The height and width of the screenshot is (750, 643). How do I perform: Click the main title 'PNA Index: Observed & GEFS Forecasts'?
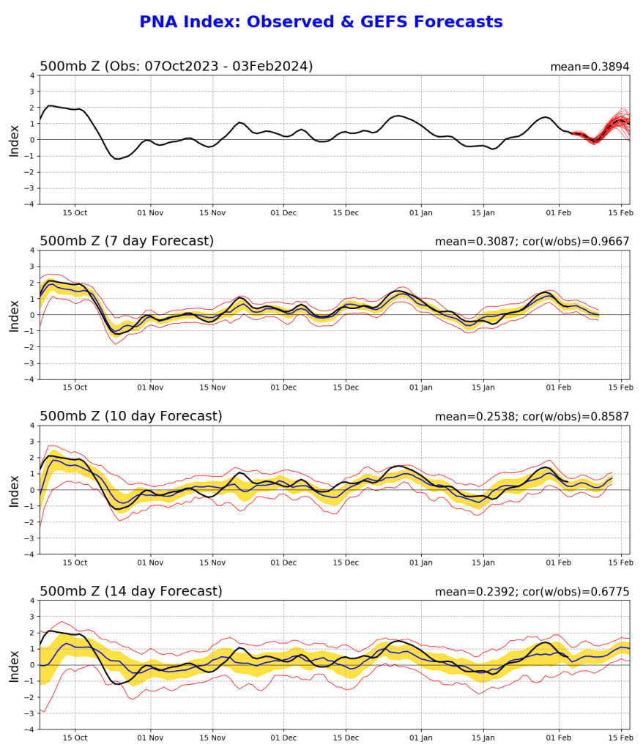(x=321, y=22)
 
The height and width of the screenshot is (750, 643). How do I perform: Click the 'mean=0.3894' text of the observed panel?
(x=590, y=67)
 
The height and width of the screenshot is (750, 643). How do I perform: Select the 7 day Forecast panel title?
(x=127, y=241)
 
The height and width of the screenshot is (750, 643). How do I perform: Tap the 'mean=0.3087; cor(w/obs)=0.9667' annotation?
(x=532, y=242)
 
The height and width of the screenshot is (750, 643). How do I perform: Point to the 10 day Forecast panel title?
(x=130, y=416)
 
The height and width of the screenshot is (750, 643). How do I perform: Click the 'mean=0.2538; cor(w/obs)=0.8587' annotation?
(x=532, y=417)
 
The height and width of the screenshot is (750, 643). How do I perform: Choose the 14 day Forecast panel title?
(x=130, y=591)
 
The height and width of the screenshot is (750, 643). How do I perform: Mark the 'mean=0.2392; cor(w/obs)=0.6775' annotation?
(x=532, y=592)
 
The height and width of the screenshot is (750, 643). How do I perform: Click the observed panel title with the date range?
(x=176, y=66)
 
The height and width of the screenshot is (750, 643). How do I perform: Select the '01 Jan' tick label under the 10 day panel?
(x=422, y=563)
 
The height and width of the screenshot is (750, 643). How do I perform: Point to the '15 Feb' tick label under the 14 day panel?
(x=621, y=738)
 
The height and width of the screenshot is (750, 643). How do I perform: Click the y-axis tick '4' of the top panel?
(x=31, y=75)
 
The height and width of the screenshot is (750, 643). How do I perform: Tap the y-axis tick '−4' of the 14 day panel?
(x=29, y=729)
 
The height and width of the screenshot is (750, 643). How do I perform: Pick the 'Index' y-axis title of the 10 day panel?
(x=14, y=490)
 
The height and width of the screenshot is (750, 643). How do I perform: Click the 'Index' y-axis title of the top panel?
(x=14, y=140)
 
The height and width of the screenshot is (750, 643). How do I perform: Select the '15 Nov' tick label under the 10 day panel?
(x=212, y=563)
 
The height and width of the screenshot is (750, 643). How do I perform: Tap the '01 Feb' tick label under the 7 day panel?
(x=559, y=388)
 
